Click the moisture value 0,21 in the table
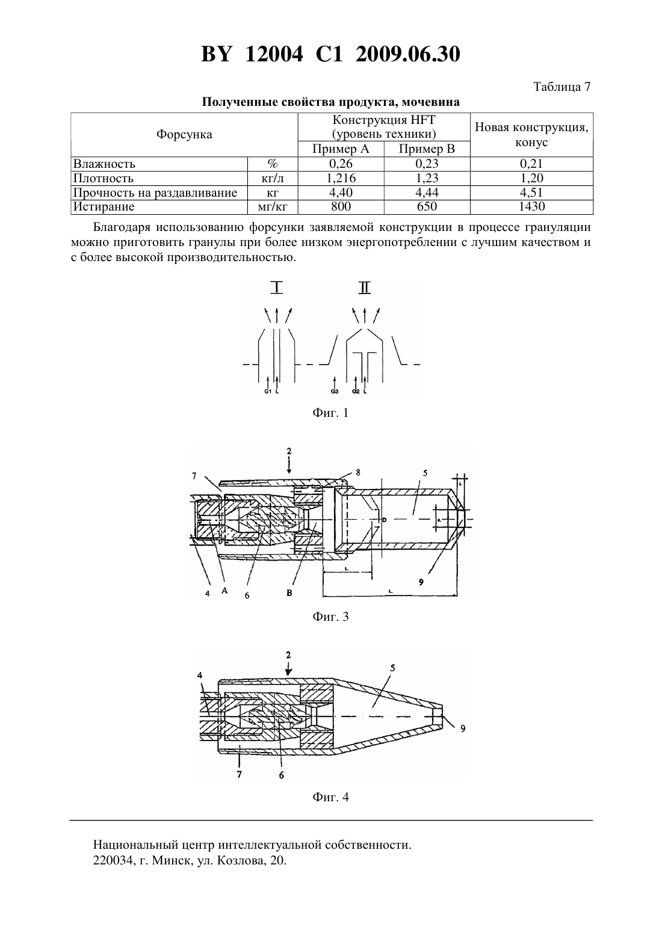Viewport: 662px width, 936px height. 531,164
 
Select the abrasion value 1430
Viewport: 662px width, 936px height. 531,206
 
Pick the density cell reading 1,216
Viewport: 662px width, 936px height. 341,179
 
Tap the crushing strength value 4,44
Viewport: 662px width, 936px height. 427,192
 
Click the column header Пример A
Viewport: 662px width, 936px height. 341,149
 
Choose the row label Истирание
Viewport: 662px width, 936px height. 104,206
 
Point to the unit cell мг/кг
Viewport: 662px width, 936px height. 273,206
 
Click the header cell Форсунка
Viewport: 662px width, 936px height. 184,135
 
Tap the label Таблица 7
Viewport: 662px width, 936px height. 562,87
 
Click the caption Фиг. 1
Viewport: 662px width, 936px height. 330,413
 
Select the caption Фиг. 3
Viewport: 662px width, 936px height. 330,617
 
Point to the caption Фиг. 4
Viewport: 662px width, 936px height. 330,797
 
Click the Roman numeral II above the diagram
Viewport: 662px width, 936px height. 365,288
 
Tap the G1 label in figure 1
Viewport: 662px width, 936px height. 268,392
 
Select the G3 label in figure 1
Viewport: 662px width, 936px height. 335,392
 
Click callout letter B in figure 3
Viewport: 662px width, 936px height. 289,593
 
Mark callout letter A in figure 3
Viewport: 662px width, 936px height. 224,591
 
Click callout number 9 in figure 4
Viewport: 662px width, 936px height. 463,728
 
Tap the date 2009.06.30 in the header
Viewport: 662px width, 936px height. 408,54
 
